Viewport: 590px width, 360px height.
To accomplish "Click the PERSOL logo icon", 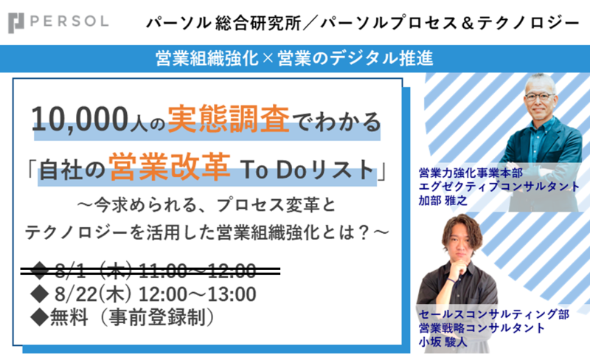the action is pos(15,23).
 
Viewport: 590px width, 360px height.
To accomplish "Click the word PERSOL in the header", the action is pos(69,21).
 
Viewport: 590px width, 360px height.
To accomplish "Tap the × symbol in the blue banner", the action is pos(268,59).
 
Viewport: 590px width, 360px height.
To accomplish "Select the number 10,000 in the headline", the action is pos(80,120).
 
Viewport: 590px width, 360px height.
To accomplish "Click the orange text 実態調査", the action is pos(229,119).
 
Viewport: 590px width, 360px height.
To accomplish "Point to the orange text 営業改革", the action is pos(170,167).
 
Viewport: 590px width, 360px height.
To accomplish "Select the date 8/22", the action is pos(76,294).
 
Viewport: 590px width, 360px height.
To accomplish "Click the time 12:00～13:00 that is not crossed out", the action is pos(198,294).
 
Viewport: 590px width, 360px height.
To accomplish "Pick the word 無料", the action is pos(69,317).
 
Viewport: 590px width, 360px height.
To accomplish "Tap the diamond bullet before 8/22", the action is pos(40,294).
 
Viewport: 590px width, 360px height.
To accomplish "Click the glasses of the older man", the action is pos(540,96).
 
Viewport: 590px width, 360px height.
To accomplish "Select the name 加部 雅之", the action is pos(443,201).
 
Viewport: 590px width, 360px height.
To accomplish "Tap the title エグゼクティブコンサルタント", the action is pos(499,187).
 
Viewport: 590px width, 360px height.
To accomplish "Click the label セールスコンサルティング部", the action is pos(493,314).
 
